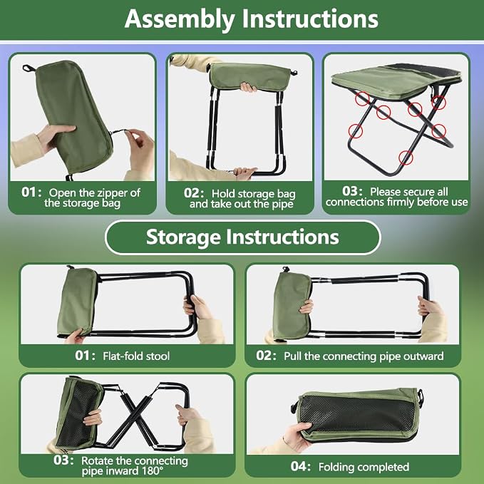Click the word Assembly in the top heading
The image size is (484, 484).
(180, 19)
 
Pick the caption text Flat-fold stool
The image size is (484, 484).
(136, 356)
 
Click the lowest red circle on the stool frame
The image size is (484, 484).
(406, 158)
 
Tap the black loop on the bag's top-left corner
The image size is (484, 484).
(29, 68)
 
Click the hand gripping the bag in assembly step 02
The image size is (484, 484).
(249, 87)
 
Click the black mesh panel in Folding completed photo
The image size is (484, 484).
(357, 413)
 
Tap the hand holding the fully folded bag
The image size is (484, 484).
(297, 436)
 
